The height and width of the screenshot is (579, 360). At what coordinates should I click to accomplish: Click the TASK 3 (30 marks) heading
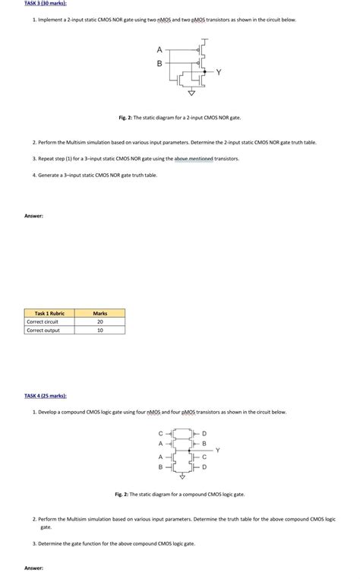click(x=41, y=4)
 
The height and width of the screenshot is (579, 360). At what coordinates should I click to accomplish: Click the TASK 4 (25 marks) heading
click(x=45, y=395)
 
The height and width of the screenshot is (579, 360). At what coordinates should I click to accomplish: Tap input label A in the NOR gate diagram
click(x=159, y=50)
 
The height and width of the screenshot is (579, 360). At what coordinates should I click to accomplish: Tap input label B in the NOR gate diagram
click(x=159, y=63)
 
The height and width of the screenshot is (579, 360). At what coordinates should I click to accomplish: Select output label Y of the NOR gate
click(x=219, y=72)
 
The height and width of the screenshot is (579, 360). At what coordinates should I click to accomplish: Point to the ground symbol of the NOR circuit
click(x=191, y=93)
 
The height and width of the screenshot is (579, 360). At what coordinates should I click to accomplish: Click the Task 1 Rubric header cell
click(x=49, y=313)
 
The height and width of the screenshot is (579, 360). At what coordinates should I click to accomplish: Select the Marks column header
click(x=99, y=313)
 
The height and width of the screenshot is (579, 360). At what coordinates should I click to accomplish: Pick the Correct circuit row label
click(x=43, y=321)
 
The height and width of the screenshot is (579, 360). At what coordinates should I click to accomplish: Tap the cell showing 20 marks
click(x=99, y=321)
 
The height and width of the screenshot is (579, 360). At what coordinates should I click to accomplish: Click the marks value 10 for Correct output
click(x=99, y=330)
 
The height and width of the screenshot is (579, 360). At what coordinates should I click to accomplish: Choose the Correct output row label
click(x=43, y=330)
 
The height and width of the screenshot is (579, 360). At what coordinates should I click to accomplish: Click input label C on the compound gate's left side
click(x=160, y=434)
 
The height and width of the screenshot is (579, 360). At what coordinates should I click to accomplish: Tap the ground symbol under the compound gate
click(x=182, y=478)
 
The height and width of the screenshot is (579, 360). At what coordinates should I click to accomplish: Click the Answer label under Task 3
click(x=33, y=216)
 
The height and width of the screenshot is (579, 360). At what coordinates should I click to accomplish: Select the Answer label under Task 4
click(x=33, y=568)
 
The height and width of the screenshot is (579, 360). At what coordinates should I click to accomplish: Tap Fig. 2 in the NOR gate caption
click(x=125, y=118)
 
